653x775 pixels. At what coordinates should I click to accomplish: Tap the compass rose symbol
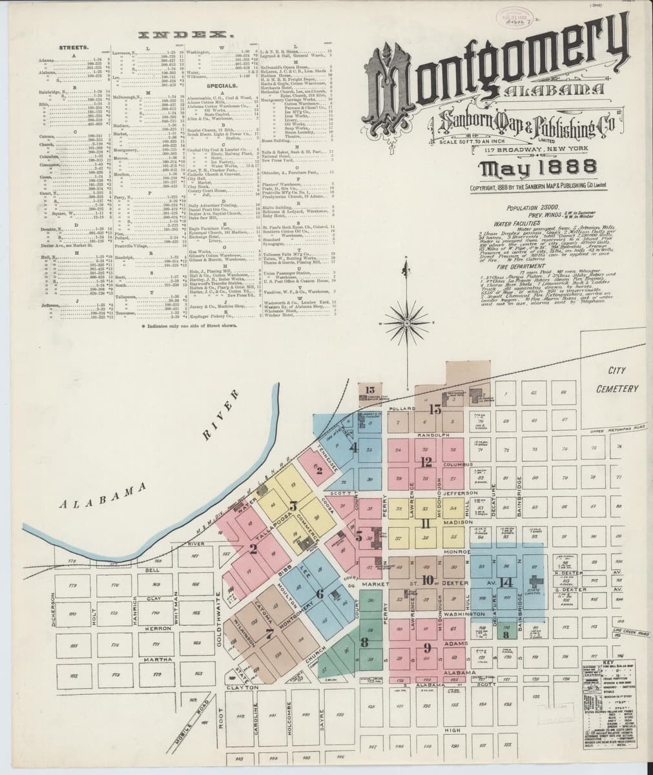(406, 317)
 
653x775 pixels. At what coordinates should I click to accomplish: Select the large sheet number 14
(506, 582)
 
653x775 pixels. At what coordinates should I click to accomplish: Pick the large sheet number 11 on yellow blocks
(426, 523)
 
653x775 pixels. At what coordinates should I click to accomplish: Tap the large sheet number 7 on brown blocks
(269, 632)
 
